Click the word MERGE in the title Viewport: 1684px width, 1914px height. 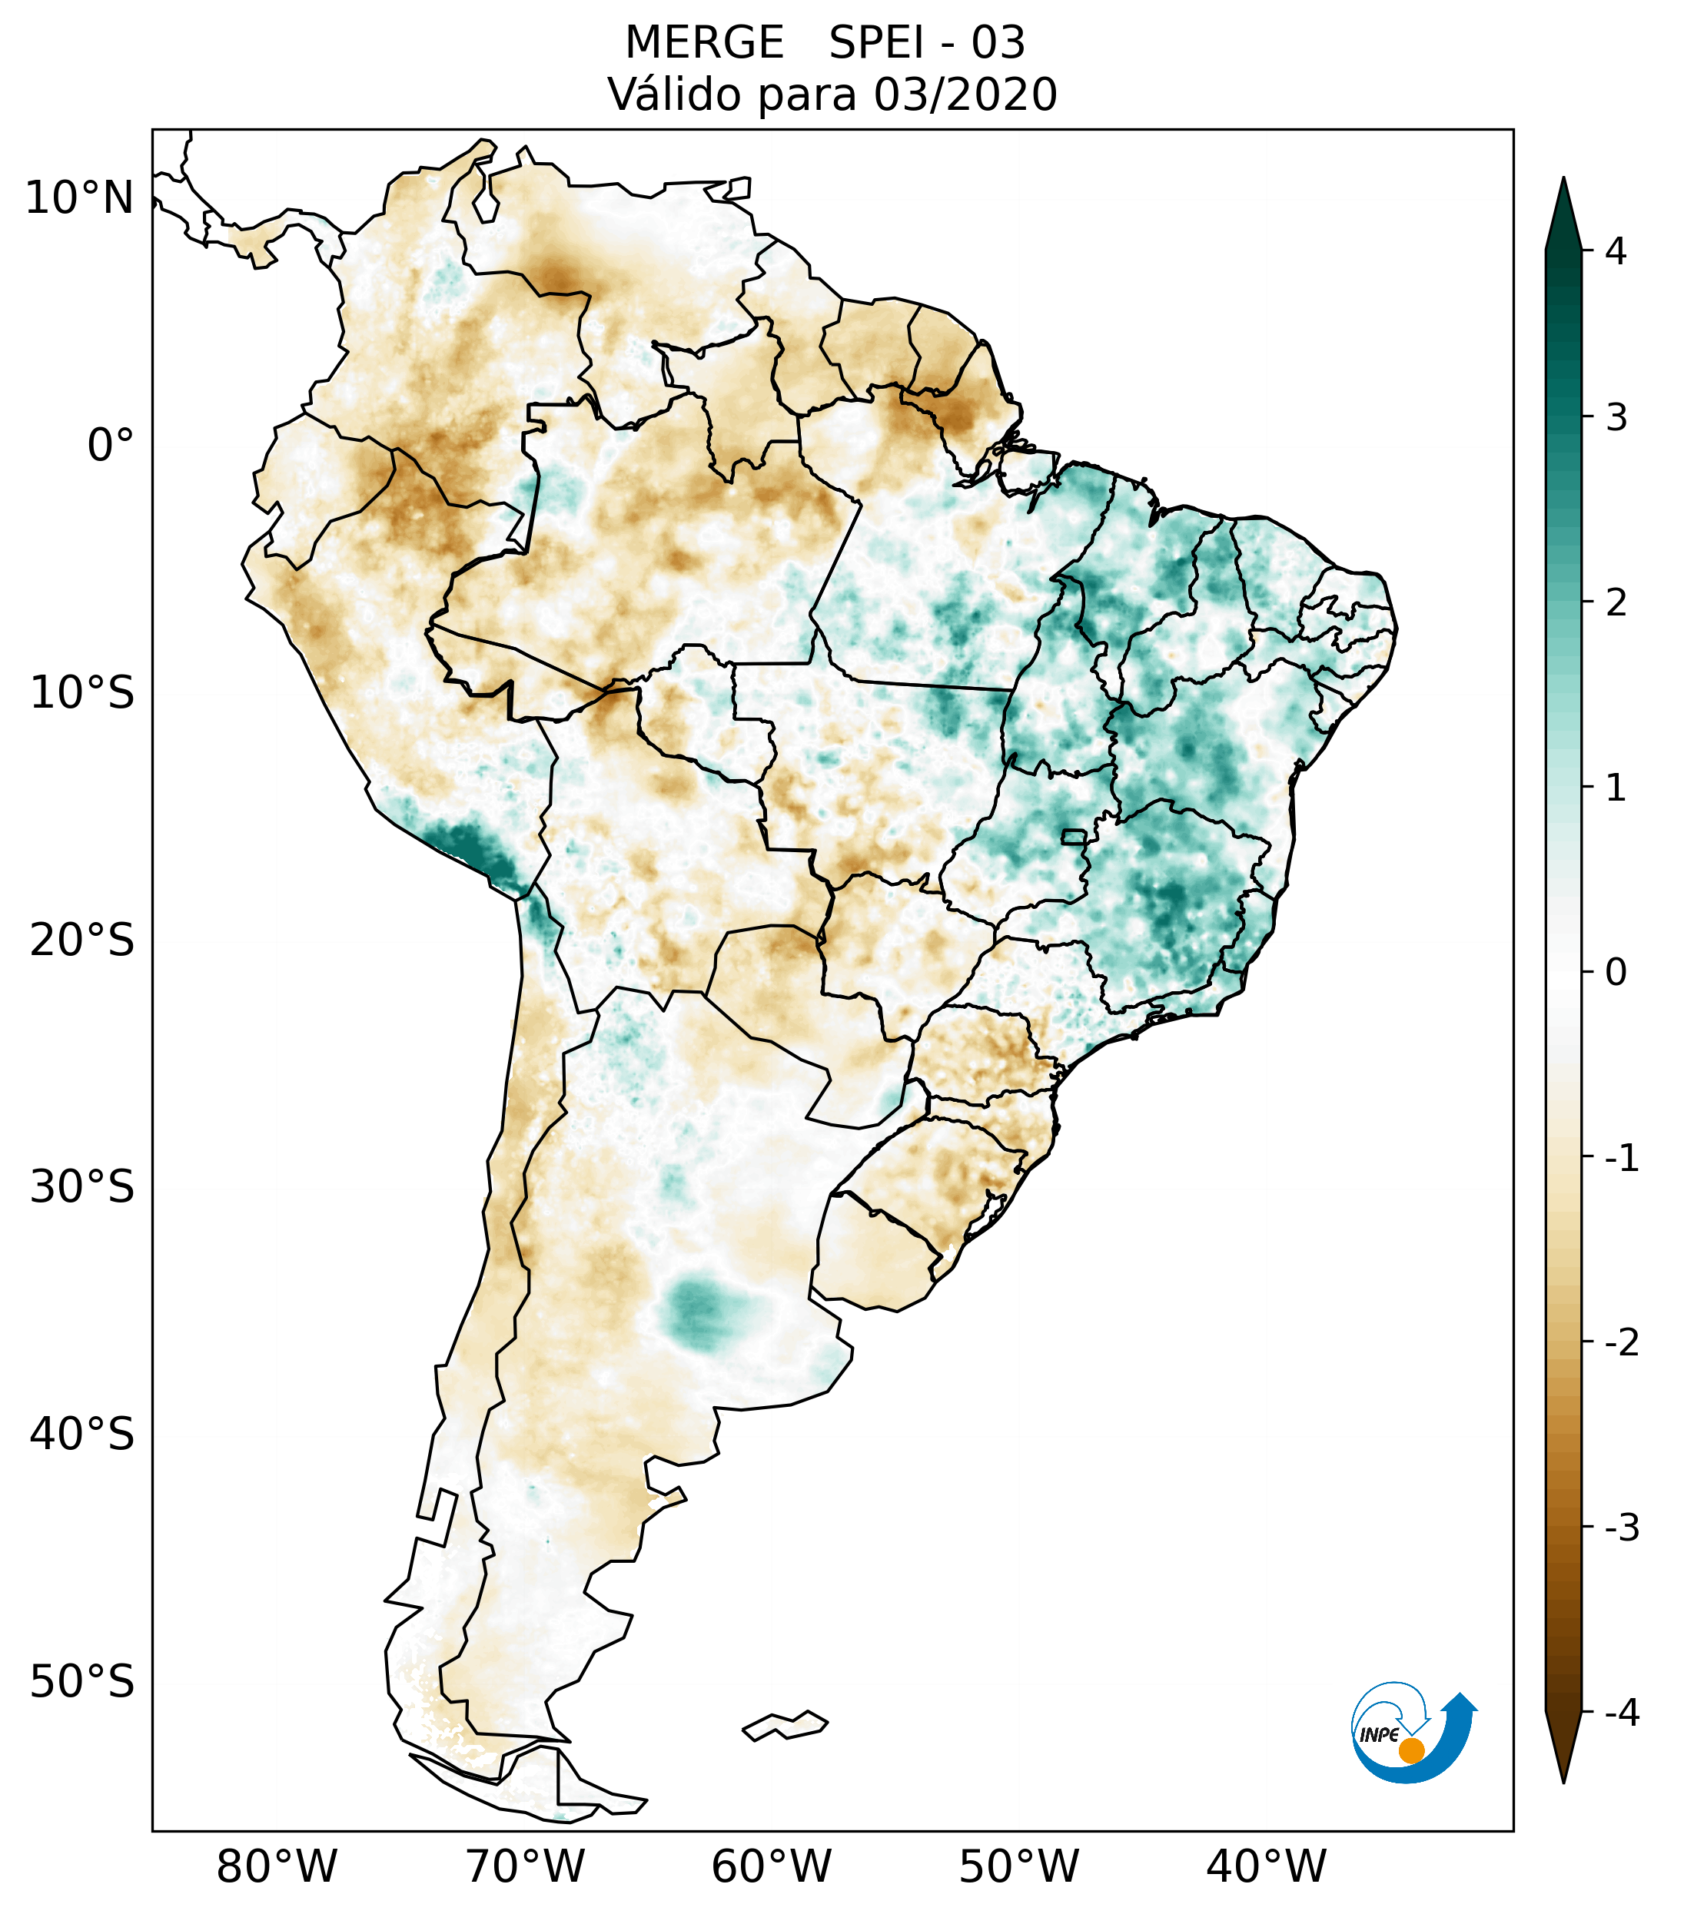pyautogui.click(x=703, y=43)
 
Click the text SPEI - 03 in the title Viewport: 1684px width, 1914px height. pyautogui.click(x=927, y=43)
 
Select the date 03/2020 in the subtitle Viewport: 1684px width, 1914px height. pyautogui.click(x=965, y=95)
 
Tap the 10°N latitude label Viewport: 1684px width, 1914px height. pyautogui.click(x=80, y=198)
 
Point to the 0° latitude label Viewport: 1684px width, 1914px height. pyautogui.click(x=111, y=445)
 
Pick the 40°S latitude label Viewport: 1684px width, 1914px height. pyautogui.click(x=82, y=1434)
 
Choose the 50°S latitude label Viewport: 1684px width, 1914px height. pyautogui.click(x=82, y=1682)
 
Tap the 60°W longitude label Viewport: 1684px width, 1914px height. pyautogui.click(x=771, y=1866)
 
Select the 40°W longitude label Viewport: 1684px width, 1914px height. pyautogui.click(x=1265, y=1866)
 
